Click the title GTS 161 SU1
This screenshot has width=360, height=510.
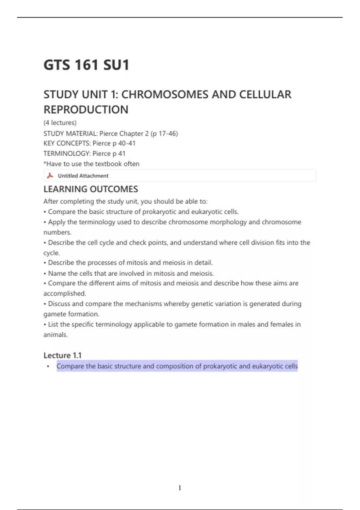pyautogui.click(x=86, y=65)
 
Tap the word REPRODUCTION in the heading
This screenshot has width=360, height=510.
pyautogui.click(x=86, y=110)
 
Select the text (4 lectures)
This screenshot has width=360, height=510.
pyautogui.click(x=60, y=123)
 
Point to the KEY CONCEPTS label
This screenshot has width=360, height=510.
pyautogui.click(x=67, y=143)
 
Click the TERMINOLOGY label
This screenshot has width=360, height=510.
pyautogui.click(x=67, y=154)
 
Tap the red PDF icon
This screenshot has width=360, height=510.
pyautogui.click(x=50, y=175)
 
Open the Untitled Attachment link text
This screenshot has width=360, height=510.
pyautogui.click(x=83, y=176)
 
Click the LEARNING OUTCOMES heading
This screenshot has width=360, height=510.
pyautogui.click(x=91, y=189)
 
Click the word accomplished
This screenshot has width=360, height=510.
pyautogui.click(x=64, y=293)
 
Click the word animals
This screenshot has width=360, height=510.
pyautogui.click(x=55, y=335)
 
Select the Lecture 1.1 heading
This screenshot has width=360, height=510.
pyautogui.click(x=62, y=355)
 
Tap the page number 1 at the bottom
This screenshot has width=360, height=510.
pyautogui.click(x=180, y=488)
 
